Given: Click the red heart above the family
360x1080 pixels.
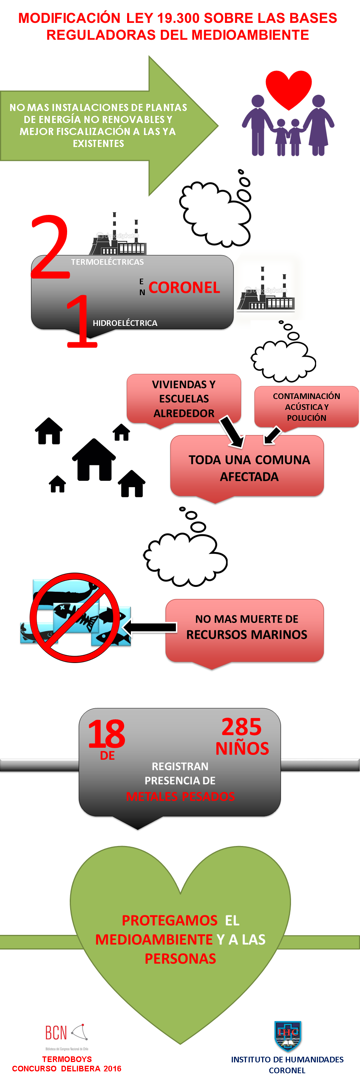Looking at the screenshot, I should [288, 88].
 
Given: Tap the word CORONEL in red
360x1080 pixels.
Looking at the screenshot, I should [184, 288].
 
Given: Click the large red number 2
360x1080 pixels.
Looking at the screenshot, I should [50, 247].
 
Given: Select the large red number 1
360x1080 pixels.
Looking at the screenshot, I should [82, 322].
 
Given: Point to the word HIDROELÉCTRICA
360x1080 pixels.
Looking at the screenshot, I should [125, 323].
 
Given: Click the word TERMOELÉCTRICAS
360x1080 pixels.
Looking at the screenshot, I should [107, 262].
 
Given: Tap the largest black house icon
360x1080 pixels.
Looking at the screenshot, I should [94, 459].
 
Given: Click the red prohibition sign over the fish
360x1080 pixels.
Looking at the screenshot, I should [75, 618].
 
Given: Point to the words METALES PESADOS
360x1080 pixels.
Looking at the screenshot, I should [180, 796].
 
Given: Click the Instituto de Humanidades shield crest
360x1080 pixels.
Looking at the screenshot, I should [288, 1035].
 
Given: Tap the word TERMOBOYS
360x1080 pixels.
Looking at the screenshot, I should [67, 1059].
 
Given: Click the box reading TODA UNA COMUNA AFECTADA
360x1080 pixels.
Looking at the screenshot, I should [247, 468].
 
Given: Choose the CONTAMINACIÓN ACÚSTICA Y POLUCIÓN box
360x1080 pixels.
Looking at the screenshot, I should [306, 406].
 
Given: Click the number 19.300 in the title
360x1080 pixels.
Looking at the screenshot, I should [178, 18].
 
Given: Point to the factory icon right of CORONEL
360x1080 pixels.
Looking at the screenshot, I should [266, 289].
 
